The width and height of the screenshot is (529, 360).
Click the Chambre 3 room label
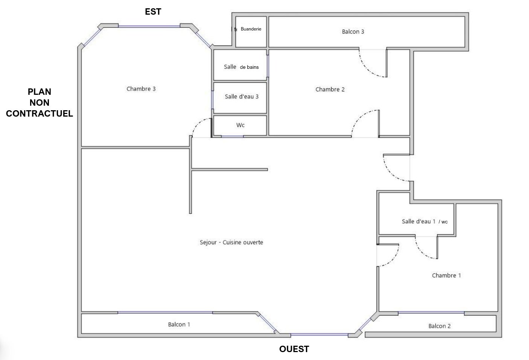(x=141, y=89)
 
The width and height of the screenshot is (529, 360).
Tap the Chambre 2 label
(x=330, y=90)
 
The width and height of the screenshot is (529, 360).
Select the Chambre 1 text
(x=446, y=275)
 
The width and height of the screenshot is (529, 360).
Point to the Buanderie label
(x=251, y=29)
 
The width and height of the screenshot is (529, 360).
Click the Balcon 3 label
(x=353, y=32)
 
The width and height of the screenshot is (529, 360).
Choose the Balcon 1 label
(x=179, y=324)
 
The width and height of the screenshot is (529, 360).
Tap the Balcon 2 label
(x=439, y=326)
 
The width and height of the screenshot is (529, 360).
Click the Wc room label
(x=240, y=125)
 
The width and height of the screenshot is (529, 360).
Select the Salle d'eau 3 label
(x=242, y=97)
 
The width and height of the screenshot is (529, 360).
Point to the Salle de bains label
(x=241, y=67)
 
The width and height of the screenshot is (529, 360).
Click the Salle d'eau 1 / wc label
(x=425, y=222)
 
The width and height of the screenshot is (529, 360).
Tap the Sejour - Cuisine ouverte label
(x=231, y=242)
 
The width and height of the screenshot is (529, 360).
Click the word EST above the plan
(x=153, y=12)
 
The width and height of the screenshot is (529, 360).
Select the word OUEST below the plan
(x=294, y=349)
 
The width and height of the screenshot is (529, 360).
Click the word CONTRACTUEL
(x=40, y=114)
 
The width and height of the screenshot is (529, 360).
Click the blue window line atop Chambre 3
(x=149, y=26)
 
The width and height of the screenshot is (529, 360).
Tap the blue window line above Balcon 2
(x=431, y=313)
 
